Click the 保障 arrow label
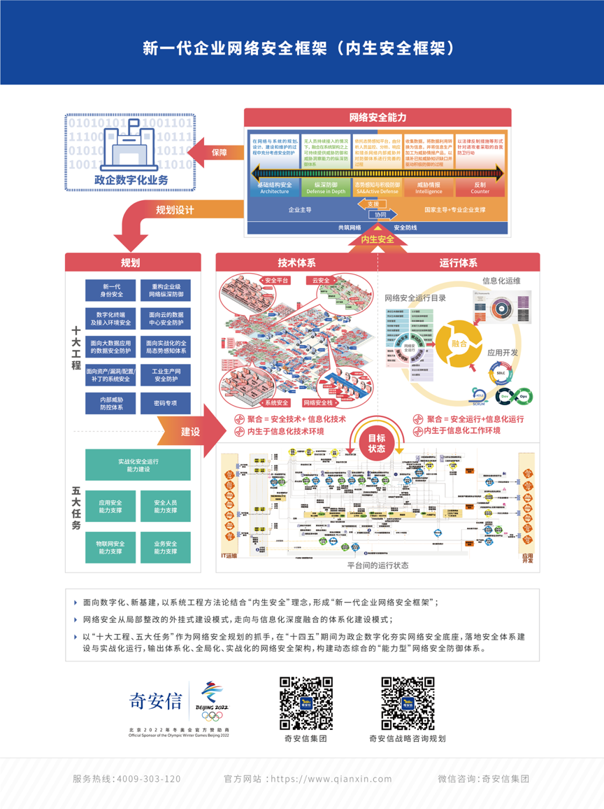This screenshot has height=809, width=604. [x=219, y=153]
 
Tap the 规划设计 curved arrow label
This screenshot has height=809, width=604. [x=175, y=209]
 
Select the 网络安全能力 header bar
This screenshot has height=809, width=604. [x=377, y=118]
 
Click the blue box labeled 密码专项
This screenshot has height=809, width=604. [x=165, y=403]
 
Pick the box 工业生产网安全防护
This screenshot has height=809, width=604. [x=165, y=374]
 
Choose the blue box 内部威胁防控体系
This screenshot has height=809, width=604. [x=110, y=403]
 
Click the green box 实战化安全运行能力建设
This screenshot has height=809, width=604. [x=138, y=465]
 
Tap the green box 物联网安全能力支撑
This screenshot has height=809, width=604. [x=110, y=547]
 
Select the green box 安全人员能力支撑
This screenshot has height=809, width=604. [x=165, y=506]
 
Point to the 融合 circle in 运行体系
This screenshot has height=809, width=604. [x=459, y=344]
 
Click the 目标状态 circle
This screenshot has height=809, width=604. [x=377, y=444]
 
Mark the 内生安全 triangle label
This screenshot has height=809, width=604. [x=377, y=239]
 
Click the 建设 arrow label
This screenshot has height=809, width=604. [x=190, y=432]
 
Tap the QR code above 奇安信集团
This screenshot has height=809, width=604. [x=305, y=703]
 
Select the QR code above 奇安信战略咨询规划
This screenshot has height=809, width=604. [x=408, y=703]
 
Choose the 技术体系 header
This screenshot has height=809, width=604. [x=297, y=262]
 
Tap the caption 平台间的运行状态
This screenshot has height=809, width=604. [x=377, y=565]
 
